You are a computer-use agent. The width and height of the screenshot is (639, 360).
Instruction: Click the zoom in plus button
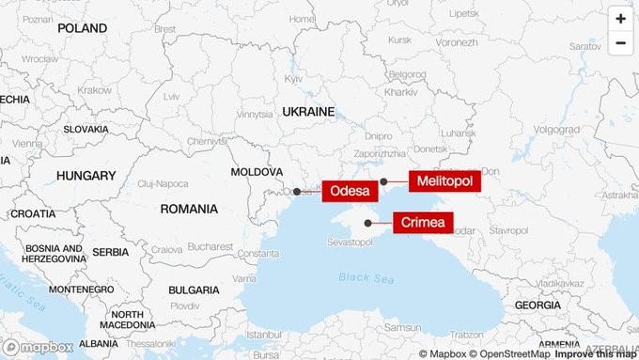tap(620, 18)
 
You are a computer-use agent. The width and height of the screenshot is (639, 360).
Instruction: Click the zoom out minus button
tap(620, 43)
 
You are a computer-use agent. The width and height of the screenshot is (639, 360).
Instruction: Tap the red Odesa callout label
tap(350, 192)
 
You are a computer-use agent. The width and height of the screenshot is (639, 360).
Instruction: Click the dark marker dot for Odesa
tap(297, 192)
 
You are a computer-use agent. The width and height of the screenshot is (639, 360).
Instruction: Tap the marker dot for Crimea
tap(367, 223)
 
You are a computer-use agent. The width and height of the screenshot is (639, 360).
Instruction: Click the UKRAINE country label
tap(307, 112)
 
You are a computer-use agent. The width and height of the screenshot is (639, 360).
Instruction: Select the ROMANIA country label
tap(189, 208)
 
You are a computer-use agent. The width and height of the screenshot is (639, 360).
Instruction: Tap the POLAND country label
tap(82, 28)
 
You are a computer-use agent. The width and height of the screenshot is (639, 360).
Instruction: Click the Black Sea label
tap(360, 277)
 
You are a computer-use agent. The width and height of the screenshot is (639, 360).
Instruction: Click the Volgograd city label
tap(556, 129)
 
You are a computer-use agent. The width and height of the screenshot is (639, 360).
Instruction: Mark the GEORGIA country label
tap(538, 305)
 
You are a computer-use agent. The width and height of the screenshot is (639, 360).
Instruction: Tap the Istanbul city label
tap(264, 334)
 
